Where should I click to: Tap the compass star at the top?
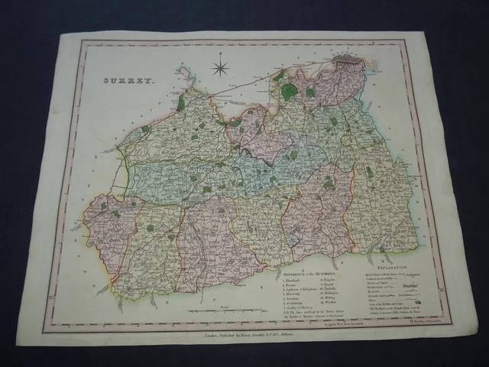(x=221, y=68)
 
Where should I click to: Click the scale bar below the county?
(x=222, y=313)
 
